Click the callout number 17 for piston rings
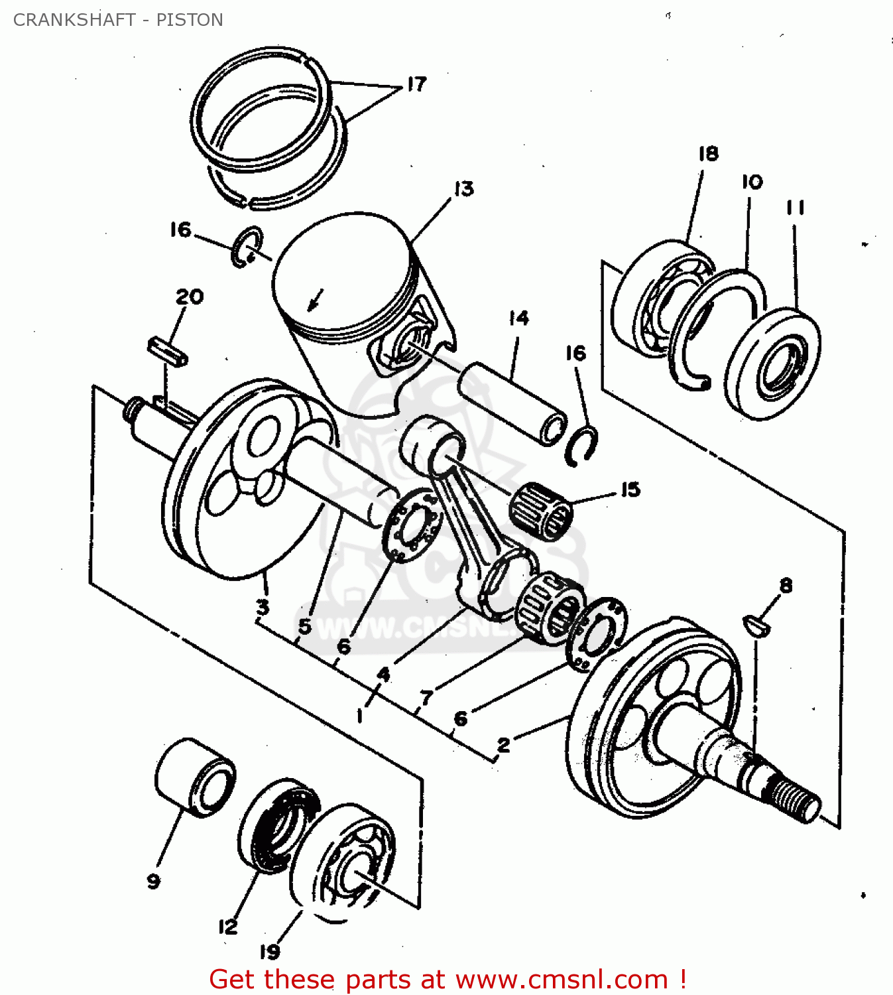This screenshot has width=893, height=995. [416, 84]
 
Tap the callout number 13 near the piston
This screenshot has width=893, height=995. [464, 189]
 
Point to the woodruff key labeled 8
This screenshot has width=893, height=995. [756, 625]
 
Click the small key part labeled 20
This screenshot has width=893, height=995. [167, 351]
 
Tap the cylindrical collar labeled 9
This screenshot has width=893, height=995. [195, 777]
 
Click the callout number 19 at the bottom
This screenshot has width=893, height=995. [269, 952]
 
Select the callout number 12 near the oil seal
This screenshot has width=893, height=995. [227, 927]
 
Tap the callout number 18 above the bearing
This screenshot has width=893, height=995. [708, 154]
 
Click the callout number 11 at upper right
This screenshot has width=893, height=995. [795, 208]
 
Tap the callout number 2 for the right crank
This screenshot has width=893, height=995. [504, 745]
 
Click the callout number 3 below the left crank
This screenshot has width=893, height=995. [263, 606]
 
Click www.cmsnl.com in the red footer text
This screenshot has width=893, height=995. [562, 980]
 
